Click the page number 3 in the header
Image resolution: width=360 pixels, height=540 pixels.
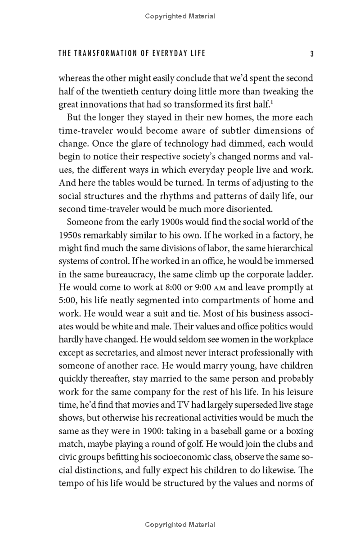(312, 54)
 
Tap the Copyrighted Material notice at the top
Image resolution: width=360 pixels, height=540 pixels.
(180, 16)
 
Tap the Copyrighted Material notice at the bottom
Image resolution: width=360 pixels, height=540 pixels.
(180, 525)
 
